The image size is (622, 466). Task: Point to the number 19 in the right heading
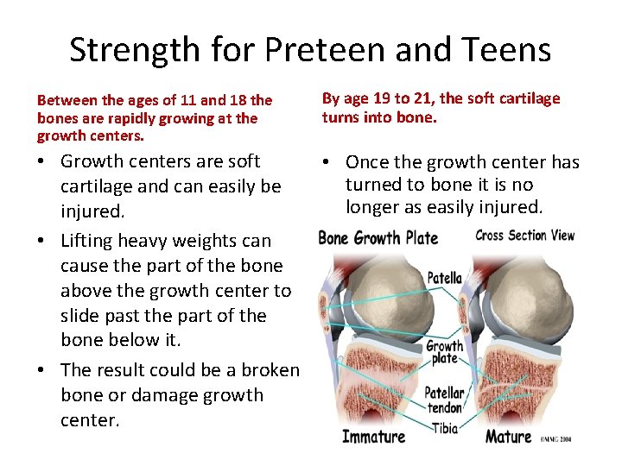tap(385, 98)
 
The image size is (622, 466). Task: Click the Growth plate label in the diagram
tap(444, 352)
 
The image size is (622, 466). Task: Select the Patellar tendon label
tap(445, 400)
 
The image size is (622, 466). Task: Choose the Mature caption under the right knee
tap(508, 436)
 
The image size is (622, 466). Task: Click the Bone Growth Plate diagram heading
tap(378, 238)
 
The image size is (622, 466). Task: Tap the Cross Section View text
tap(525, 236)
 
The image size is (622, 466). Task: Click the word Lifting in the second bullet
tap(92, 241)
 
